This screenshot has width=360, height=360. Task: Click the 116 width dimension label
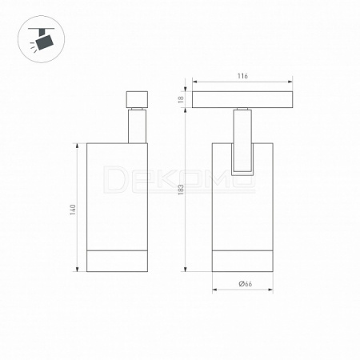tap(242, 76)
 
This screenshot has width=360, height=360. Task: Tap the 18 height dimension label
tap(181, 99)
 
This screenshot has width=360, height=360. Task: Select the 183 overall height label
tap(181, 190)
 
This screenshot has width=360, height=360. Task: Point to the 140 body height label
tap(73, 210)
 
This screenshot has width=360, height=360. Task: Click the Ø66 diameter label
tap(246, 284)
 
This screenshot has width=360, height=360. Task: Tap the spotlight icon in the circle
tap(42, 39)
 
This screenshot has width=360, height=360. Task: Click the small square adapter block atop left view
tap(137, 99)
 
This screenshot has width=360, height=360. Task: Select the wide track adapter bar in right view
tap(242, 99)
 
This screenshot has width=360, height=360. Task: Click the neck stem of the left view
tap(137, 126)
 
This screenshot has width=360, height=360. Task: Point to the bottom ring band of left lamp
tap(117, 261)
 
